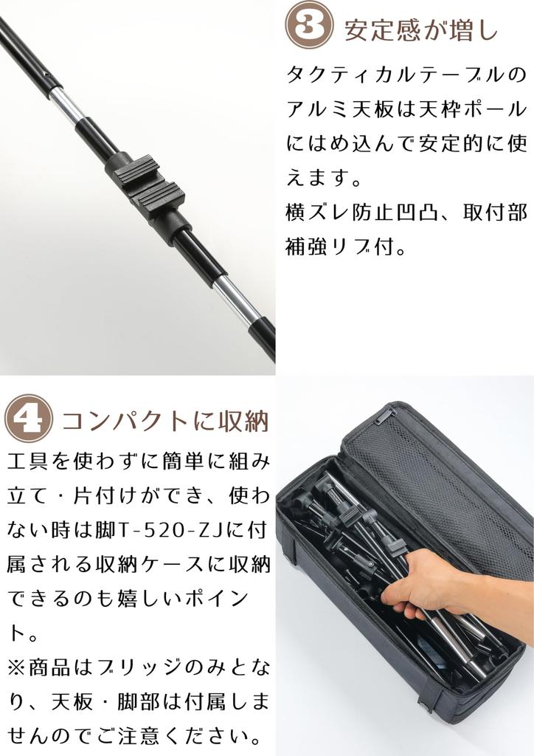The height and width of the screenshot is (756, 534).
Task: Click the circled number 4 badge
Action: [28, 419]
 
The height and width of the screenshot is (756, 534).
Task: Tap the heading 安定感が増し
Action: [421, 30]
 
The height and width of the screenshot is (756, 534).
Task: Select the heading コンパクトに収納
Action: [165, 421]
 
